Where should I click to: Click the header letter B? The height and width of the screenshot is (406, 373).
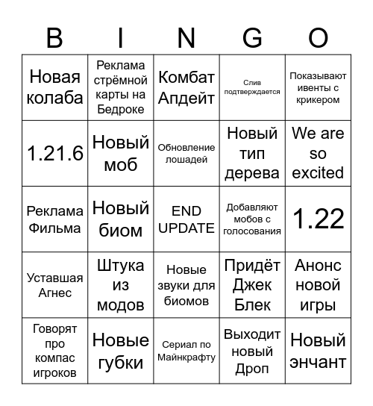[x=54, y=37]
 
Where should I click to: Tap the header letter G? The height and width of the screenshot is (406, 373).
[x=253, y=37]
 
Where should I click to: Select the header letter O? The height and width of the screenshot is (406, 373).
[x=319, y=37]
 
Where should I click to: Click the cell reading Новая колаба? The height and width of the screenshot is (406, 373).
[x=54, y=87]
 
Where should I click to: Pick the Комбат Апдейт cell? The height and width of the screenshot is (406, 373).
[x=186, y=87]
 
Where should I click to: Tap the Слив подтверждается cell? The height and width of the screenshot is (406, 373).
[x=252, y=87]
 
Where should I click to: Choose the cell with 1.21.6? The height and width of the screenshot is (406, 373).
[x=54, y=153]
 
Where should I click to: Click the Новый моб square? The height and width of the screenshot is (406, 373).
[x=121, y=153]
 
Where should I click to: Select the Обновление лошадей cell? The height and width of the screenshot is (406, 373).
[x=186, y=153]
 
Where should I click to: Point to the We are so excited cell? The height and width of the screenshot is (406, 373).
[x=319, y=153]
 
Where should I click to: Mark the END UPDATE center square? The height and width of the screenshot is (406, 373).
[x=186, y=219]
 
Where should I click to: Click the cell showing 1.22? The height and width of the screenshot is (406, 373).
[x=319, y=219]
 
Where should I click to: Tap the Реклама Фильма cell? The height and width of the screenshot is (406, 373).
[x=54, y=219]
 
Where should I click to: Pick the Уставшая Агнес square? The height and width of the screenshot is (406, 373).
[x=54, y=285]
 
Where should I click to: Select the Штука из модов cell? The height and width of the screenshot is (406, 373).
[x=121, y=285]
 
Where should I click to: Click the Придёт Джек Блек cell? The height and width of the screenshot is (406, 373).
[x=252, y=285]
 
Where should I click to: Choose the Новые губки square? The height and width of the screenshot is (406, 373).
[x=121, y=351]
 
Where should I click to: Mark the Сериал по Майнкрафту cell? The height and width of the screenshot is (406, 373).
[x=186, y=351]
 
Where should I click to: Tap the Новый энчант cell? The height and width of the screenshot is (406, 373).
[x=319, y=351]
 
